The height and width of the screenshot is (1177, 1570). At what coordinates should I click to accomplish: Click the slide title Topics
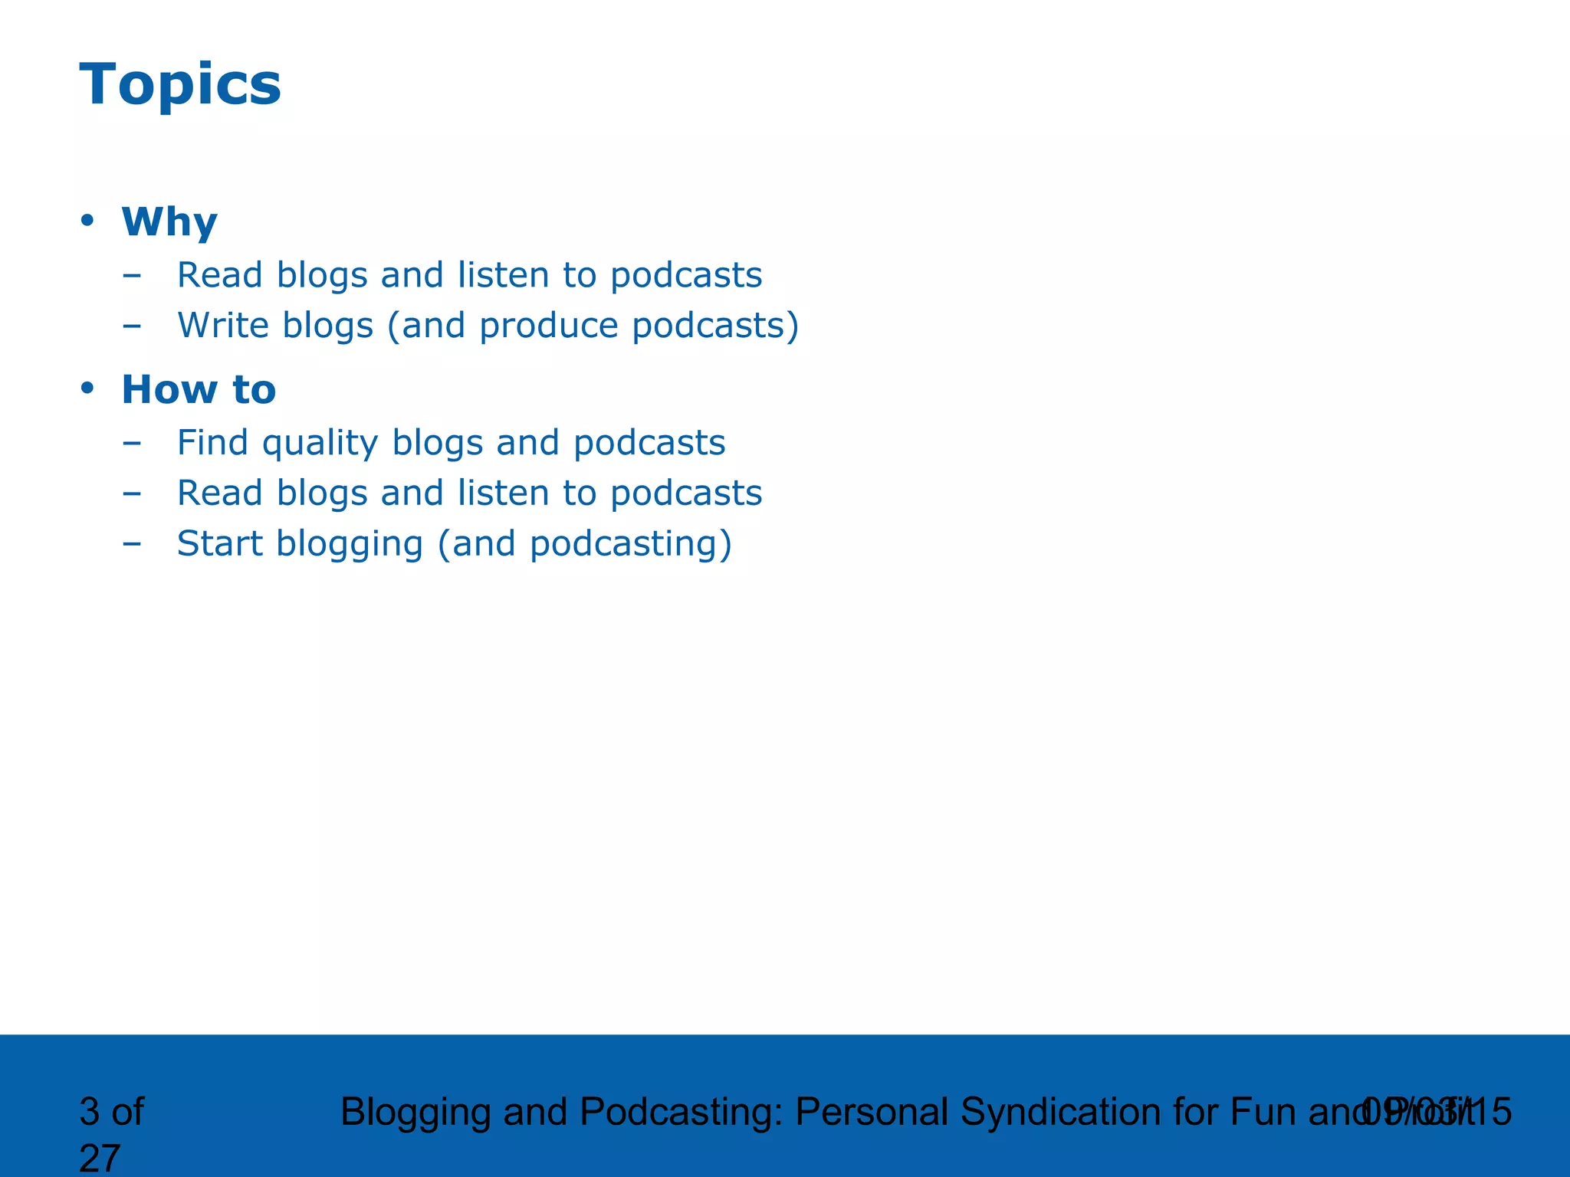[180, 84]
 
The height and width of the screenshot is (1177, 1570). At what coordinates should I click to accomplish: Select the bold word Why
[169, 222]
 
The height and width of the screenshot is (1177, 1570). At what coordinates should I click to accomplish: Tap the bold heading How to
[199, 389]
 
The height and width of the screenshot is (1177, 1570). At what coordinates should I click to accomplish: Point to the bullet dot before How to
[87, 389]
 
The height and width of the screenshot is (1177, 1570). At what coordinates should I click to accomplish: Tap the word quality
[320, 444]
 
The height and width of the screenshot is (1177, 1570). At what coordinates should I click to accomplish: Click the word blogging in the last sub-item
[350, 545]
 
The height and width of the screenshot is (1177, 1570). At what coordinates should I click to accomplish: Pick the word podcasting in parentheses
[624, 545]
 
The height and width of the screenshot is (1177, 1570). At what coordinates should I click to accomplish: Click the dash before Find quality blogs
[132, 443]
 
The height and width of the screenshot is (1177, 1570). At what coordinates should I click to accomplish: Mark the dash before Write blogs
[132, 326]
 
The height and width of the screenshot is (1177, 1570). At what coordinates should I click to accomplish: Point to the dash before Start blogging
[132, 544]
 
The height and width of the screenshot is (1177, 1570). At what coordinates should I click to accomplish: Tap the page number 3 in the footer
[90, 1112]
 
